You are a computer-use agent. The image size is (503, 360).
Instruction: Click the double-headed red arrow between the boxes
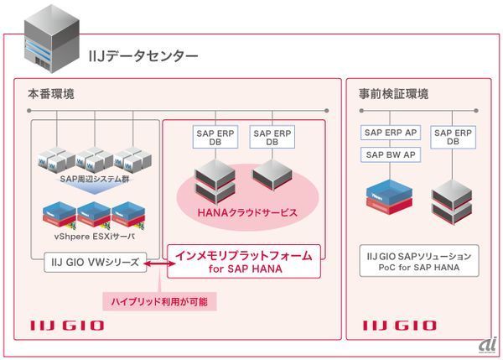coord(155,264)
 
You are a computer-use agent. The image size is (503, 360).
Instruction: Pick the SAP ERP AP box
coord(392,133)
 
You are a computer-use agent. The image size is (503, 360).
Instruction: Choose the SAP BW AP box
coord(392,154)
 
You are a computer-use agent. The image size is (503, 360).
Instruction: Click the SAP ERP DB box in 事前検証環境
coord(454,137)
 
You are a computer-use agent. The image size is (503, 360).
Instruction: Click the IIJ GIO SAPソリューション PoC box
coord(419,261)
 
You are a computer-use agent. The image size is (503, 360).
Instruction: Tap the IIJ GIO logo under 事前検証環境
coord(399,325)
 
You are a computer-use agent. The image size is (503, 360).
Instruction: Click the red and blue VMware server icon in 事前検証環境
coord(391,195)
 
